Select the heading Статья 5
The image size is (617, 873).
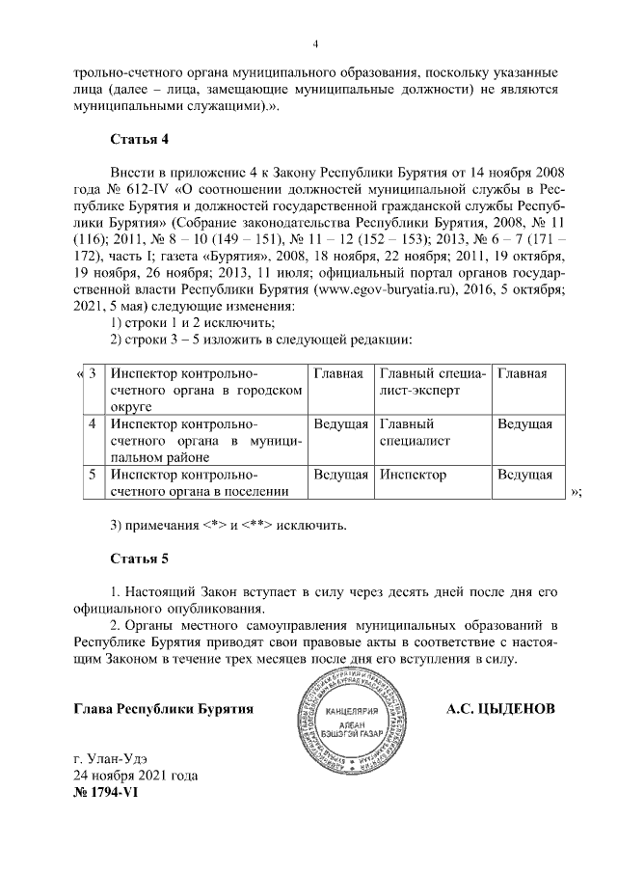coord(140,559)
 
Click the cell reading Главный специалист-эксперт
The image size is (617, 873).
coord(431,382)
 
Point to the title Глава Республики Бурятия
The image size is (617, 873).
coord(164,709)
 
